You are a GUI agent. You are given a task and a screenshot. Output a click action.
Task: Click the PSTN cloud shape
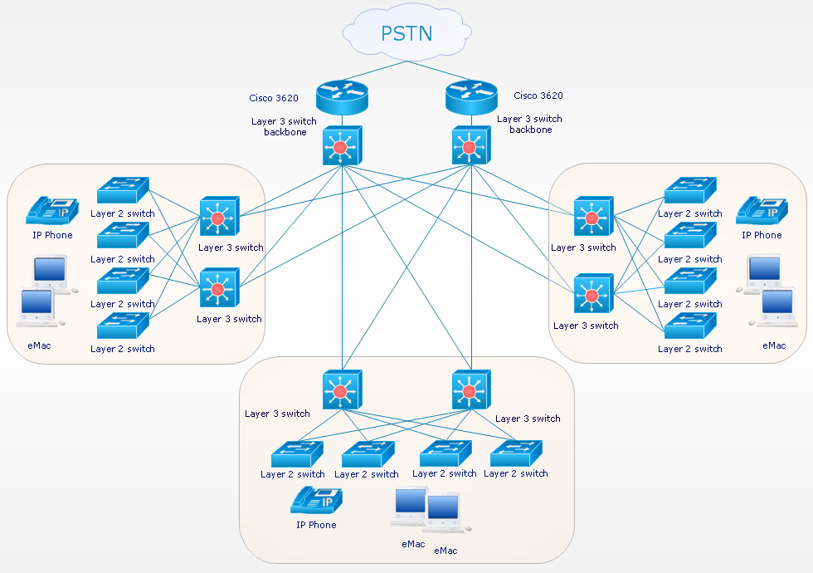(x=406, y=34)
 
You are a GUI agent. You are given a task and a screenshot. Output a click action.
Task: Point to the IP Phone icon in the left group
(x=51, y=212)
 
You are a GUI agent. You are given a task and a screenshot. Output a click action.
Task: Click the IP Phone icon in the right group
(x=762, y=212)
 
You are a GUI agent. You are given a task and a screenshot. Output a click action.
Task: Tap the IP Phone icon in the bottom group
(x=316, y=502)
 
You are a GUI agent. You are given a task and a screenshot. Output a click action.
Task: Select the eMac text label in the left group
(x=38, y=345)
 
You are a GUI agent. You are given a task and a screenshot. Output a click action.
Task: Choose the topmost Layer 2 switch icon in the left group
(x=123, y=191)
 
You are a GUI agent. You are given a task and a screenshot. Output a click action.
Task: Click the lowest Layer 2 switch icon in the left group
(x=123, y=326)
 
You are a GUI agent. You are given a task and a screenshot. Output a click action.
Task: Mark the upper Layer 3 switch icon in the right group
(x=592, y=218)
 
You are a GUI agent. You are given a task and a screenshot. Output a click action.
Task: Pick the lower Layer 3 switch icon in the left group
(x=219, y=288)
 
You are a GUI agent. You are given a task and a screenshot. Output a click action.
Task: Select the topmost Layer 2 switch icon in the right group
(x=689, y=191)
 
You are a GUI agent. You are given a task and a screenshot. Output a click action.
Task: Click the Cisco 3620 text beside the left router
(x=274, y=98)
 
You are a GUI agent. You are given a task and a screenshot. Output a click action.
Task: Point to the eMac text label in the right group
(x=774, y=345)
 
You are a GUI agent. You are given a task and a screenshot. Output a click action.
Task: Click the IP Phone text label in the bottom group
(x=316, y=525)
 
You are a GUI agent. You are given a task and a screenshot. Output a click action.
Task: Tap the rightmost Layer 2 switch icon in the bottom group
(x=516, y=455)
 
